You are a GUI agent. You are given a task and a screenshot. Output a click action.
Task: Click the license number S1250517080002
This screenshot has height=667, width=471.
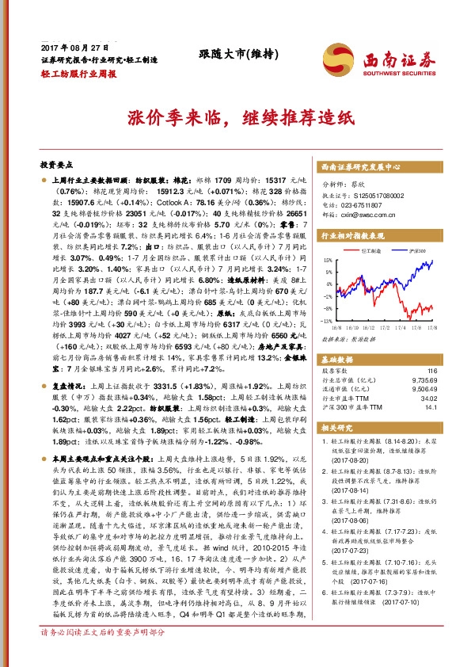[x=377, y=195]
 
